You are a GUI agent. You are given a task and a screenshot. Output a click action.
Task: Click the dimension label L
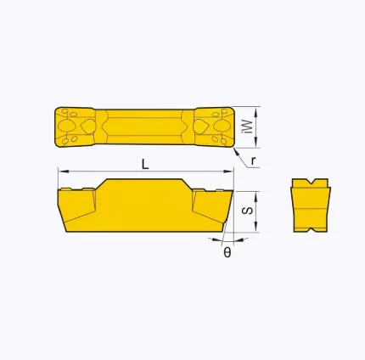(x=145, y=164)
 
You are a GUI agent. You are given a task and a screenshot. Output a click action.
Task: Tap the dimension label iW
(x=248, y=127)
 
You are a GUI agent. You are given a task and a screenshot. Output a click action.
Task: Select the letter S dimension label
(x=248, y=211)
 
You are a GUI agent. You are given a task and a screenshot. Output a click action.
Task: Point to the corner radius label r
(x=253, y=161)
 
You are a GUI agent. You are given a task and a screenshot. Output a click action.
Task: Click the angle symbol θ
(x=227, y=252)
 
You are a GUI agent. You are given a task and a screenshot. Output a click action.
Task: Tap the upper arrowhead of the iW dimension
(x=256, y=112)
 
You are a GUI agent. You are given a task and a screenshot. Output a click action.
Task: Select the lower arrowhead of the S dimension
(x=256, y=227)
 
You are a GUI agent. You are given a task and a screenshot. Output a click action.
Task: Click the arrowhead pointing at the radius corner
(x=237, y=151)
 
